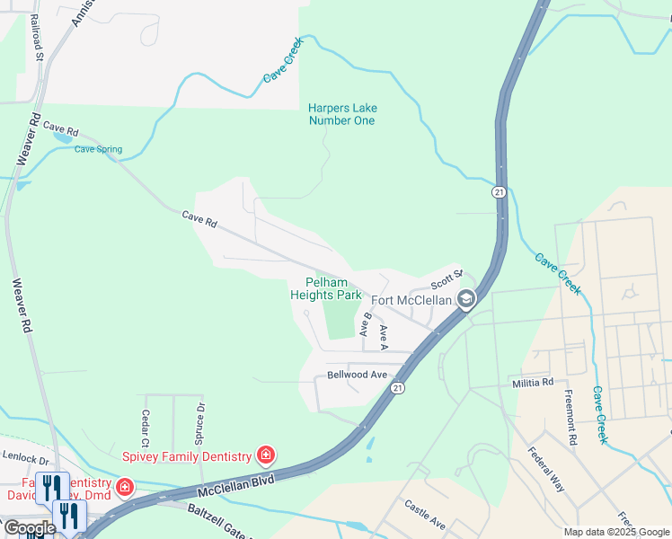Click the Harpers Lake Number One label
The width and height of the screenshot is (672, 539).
click(x=341, y=114)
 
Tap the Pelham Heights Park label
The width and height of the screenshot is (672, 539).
click(x=326, y=288)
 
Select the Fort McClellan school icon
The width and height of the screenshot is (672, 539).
click(x=465, y=299)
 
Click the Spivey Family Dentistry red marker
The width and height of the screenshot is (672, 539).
click(x=266, y=456)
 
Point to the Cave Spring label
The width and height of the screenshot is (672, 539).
click(x=98, y=150)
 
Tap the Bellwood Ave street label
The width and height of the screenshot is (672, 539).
click(x=357, y=375)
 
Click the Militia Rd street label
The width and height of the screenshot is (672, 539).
click(x=534, y=383)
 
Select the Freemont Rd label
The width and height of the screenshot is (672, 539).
click(x=570, y=417)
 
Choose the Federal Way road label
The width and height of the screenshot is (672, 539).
click(x=546, y=469)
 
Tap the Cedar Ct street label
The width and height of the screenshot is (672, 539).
click(x=145, y=429)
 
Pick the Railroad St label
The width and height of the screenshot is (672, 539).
click(x=37, y=36)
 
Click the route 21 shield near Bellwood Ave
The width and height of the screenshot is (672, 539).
click(x=397, y=387)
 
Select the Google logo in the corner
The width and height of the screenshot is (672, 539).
click(x=30, y=528)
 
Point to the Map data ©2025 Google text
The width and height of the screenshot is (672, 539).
click(x=616, y=532)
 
